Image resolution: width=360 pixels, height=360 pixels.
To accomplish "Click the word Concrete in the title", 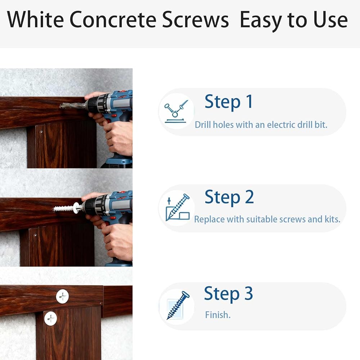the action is coord(113,19).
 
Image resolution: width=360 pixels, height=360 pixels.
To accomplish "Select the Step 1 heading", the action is coord(229,102).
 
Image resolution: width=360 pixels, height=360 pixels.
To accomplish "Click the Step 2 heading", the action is coord(229,197).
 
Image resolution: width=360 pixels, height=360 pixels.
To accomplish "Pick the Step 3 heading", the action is coord(229,294).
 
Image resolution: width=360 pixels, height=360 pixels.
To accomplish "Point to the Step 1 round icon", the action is coord(176,111).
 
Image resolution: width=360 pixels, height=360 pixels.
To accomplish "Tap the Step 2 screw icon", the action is coord(177,208).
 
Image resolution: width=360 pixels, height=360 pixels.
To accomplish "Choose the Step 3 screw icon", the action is coord(177,306).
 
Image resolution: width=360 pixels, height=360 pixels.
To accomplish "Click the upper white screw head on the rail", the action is coord(62,296).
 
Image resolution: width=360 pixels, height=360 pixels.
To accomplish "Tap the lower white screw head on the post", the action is coord(50,319).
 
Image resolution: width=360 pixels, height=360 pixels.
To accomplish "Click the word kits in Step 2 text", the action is coord(332,219).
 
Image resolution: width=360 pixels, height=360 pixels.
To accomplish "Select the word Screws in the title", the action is coord(195,20).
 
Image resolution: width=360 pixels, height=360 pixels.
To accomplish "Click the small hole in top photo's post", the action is coord(41,132).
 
